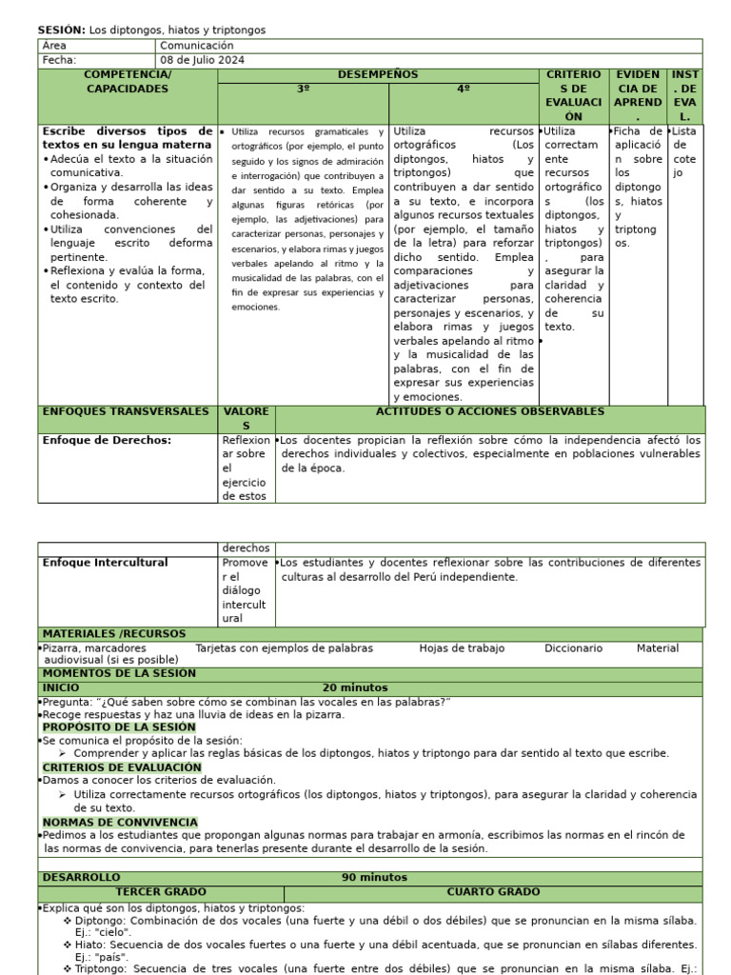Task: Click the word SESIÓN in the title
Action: point(61,30)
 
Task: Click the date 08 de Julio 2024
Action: point(202,60)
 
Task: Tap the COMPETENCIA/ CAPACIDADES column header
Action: point(128,82)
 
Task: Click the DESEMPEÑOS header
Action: point(378,74)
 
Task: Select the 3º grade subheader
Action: point(304,89)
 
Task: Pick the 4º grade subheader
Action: point(464,89)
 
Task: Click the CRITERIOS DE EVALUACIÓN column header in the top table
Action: point(573,95)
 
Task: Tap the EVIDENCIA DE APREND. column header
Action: point(638,95)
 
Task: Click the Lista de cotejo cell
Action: point(684,152)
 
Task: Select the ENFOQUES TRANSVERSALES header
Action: point(125,411)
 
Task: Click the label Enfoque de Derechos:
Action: point(107,441)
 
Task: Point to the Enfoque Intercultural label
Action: point(105,563)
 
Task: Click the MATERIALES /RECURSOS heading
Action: point(114,634)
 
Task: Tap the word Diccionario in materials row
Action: point(573,648)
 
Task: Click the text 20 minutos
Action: point(355,687)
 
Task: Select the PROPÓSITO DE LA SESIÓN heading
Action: point(119,727)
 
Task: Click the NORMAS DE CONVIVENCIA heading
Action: point(120,823)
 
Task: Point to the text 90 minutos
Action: point(374,878)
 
